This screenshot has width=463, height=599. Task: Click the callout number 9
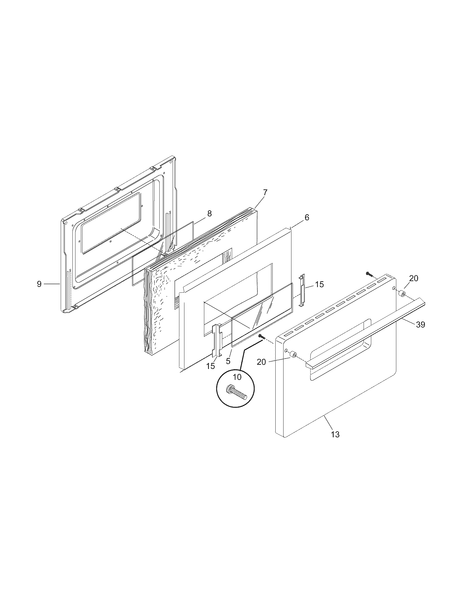[x=39, y=284]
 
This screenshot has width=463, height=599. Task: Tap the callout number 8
[x=209, y=214]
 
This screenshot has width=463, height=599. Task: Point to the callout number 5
[x=228, y=361]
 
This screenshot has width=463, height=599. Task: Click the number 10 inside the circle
[x=237, y=377]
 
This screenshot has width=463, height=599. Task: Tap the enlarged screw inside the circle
[x=236, y=393]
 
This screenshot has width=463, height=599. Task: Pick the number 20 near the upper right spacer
[x=414, y=278]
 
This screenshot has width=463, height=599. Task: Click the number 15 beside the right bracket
[x=319, y=285]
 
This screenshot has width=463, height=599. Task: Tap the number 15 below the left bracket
[x=211, y=366]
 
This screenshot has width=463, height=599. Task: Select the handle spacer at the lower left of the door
[x=293, y=355]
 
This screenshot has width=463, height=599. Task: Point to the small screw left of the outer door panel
[x=261, y=336]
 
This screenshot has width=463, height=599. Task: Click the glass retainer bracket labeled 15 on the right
[x=302, y=289]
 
